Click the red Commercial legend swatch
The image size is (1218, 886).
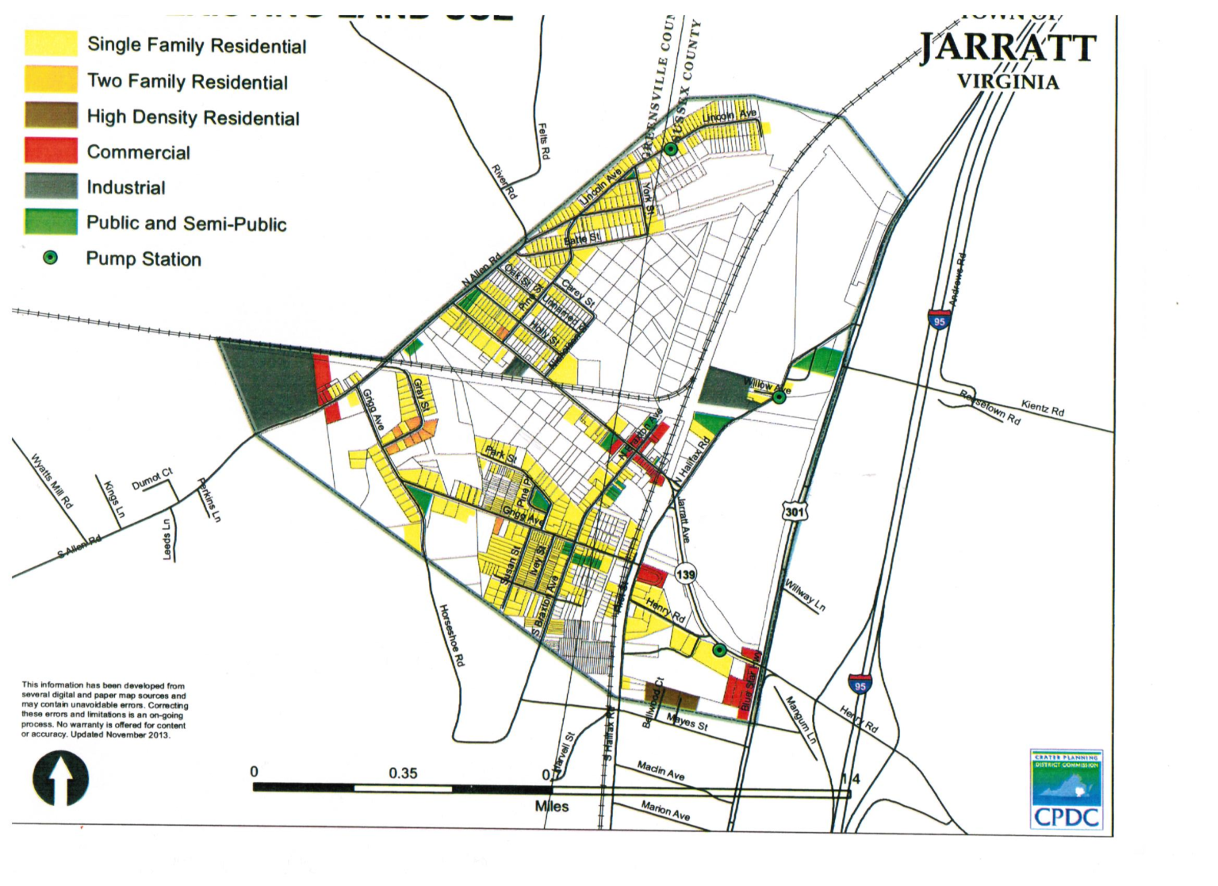[x=51, y=151]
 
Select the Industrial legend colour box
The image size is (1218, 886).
[x=51, y=186]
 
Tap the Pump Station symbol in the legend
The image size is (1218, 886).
[x=50, y=258]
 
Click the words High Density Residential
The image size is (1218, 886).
[x=193, y=117]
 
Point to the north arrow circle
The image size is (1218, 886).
[x=60, y=779]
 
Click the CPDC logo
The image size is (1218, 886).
[x=1066, y=789]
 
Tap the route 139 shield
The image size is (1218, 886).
[x=685, y=574]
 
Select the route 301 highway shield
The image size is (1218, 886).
[x=795, y=512]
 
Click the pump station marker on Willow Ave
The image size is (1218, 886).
[x=779, y=396]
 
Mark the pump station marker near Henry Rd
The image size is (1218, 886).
[x=719, y=650]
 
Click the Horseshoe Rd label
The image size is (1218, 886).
[x=452, y=635]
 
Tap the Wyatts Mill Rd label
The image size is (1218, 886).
[x=52, y=481]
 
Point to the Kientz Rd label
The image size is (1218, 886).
[x=1043, y=408]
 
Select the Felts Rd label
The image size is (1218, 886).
[x=543, y=140]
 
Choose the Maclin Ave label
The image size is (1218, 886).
[x=661, y=769]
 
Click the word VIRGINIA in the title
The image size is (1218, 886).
[x=1007, y=82]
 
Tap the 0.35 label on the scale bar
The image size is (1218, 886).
[x=403, y=773]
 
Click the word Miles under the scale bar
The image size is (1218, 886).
[x=551, y=807]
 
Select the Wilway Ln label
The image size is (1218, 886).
[x=805, y=595]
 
